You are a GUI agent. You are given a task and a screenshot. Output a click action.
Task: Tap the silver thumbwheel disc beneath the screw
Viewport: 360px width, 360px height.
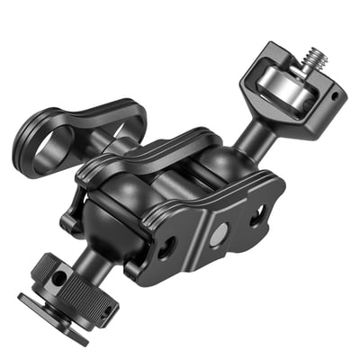pos(280,90)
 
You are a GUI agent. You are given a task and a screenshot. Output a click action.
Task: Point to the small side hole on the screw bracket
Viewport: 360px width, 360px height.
pos(333,94)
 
